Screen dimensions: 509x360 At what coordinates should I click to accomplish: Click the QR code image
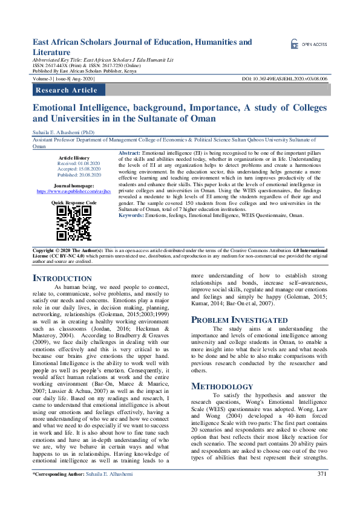(x=74, y=224)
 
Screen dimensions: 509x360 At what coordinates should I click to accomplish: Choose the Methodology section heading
(x=222, y=386)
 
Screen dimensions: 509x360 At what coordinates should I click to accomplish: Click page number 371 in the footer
(x=322, y=491)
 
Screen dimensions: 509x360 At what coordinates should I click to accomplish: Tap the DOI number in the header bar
(x=284, y=79)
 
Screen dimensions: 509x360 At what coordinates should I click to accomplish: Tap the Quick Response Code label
(x=74, y=203)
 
